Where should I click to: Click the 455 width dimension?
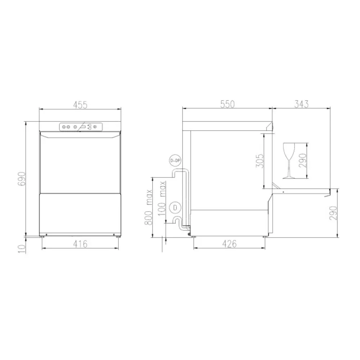[80, 105]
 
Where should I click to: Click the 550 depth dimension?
[227, 104]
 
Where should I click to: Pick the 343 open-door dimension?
[301, 104]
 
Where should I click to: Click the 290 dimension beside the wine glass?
[302, 160]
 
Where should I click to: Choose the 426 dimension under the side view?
[229, 244]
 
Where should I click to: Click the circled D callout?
[175, 207]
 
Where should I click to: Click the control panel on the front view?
[80, 126]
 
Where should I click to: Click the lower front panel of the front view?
[80, 212]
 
